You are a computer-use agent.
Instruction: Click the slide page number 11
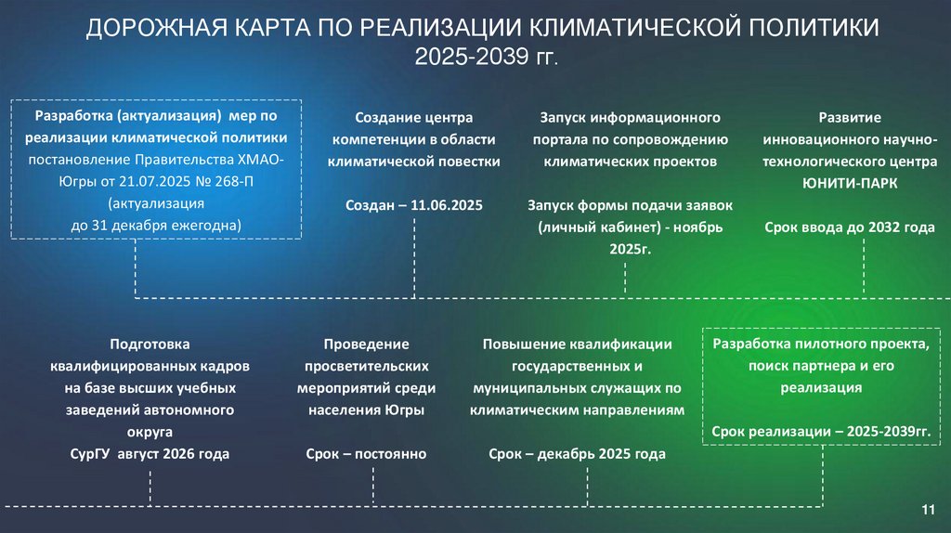[x=926, y=510]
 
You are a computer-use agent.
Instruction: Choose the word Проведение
[x=366, y=344]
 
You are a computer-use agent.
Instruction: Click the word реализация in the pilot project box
[x=821, y=387]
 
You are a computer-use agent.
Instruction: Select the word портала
[x=560, y=140]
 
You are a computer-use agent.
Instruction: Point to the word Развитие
[x=849, y=118]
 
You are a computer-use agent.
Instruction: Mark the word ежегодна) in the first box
[x=202, y=225]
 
